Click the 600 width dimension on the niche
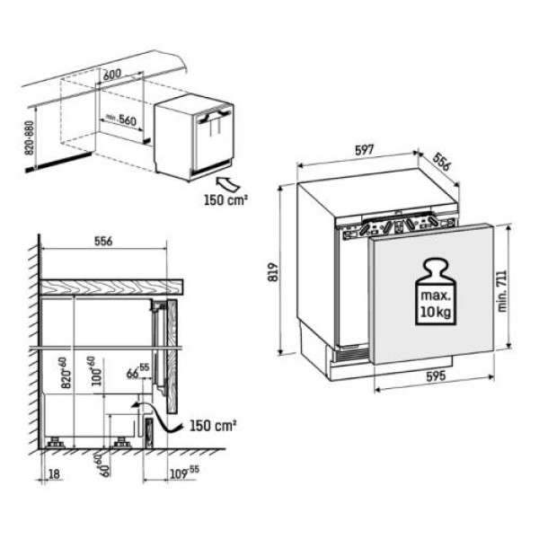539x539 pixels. tap(111, 75)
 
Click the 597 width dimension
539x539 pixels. tap(364, 152)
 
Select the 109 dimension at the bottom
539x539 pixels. tap(181, 470)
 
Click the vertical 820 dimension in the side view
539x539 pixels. tap(64, 371)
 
